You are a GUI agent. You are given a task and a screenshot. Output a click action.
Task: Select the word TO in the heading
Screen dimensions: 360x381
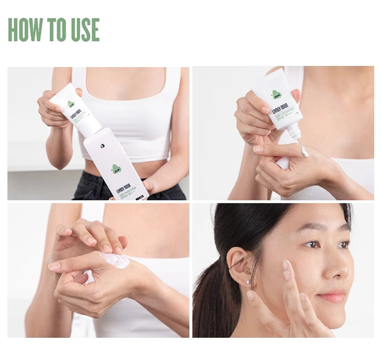(x=54, y=30)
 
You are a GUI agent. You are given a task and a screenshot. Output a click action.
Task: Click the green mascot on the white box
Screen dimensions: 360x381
(x=116, y=169)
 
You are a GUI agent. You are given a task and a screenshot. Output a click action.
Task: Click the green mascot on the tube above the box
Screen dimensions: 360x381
(x=71, y=104)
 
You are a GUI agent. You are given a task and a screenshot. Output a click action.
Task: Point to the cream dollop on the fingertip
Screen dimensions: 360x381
(x=304, y=151)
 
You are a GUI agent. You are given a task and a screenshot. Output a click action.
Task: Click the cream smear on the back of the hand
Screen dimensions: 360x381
(x=115, y=260)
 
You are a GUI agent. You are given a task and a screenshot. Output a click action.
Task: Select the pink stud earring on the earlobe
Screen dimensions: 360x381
(x=249, y=282)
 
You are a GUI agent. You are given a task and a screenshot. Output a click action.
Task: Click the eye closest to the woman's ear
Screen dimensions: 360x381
(x=312, y=245)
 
